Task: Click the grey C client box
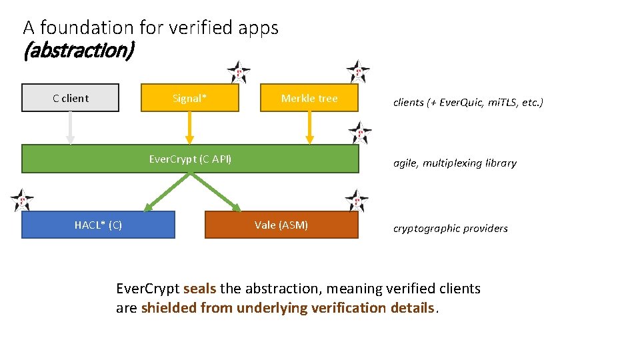tap(70, 98)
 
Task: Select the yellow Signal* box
tap(190, 98)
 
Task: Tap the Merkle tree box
tap(309, 98)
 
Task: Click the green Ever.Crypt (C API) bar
tap(190, 159)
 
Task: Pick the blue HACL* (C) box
tap(98, 225)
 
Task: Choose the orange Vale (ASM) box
tap(281, 225)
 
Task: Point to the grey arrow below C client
tap(70, 127)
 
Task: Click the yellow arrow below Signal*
tap(190, 127)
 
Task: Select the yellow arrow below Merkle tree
tap(309, 127)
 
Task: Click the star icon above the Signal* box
tap(238, 72)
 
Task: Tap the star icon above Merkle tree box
tap(358, 71)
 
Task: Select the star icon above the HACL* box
tap(22, 200)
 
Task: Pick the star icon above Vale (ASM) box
tap(357, 200)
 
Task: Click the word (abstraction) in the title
tap(79, 51)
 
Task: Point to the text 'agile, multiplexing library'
tap(455, 163)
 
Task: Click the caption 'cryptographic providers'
tap(451, 229)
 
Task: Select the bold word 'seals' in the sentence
tap(199, 289)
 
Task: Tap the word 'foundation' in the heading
tap(87, 27)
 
